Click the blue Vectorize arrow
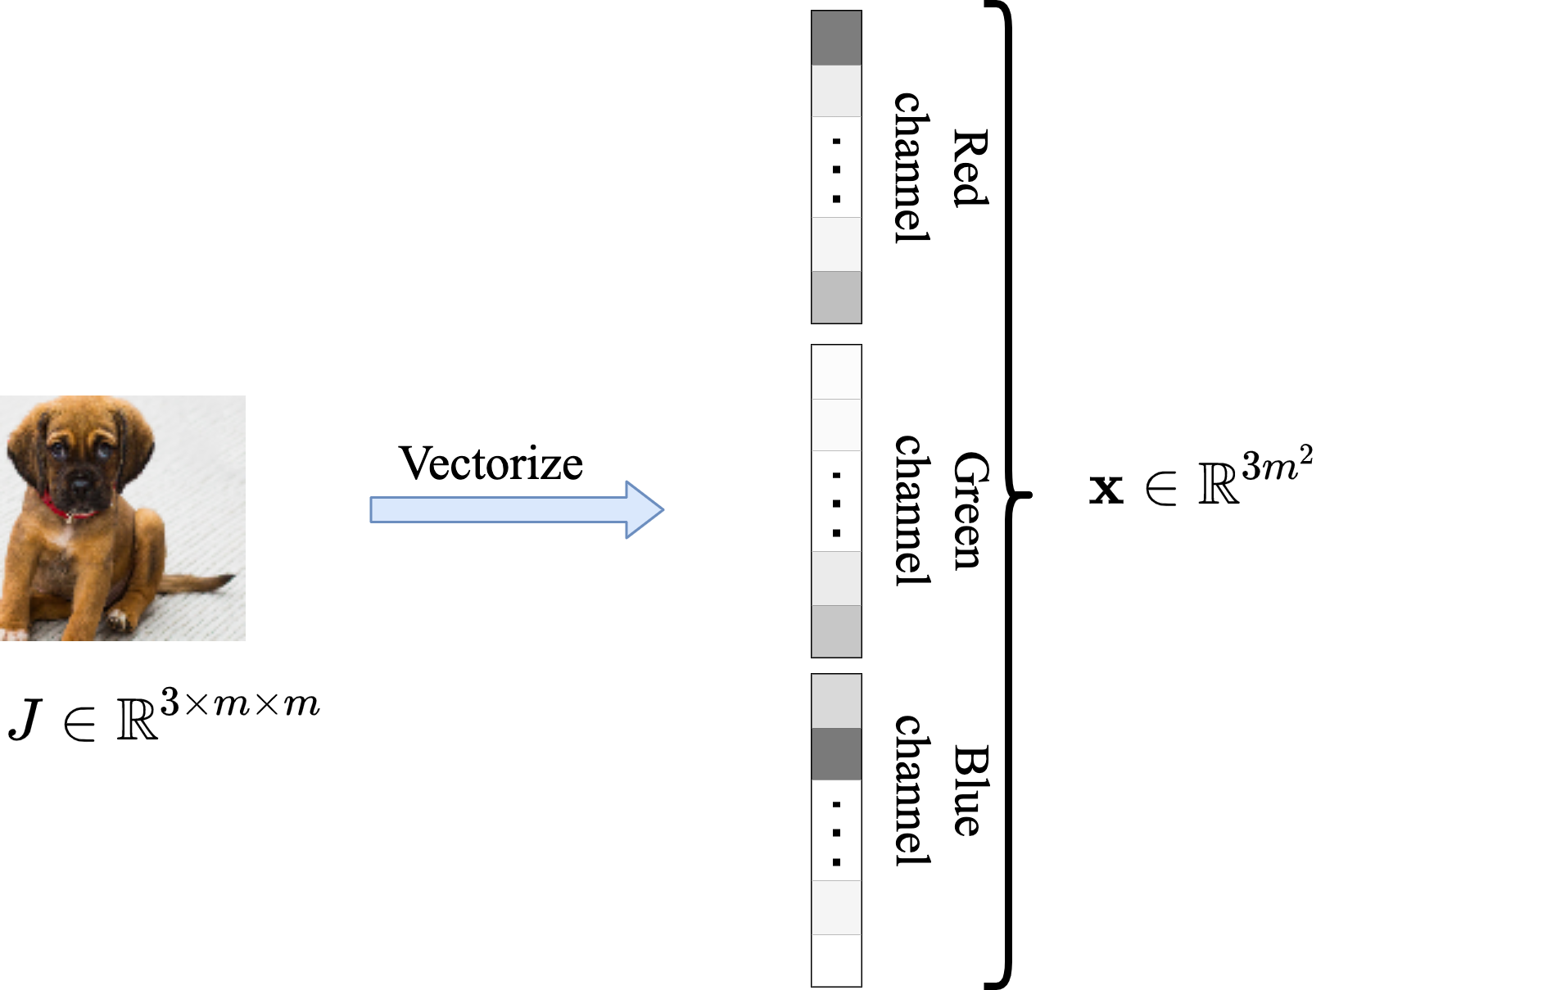click(x=517, y=509)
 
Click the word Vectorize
click(x=491, y=463)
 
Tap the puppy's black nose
click(x=80, y=485)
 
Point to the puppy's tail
click(x=197, y=583)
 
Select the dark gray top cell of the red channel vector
click(x=836, y=38)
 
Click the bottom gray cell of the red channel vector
click(x=836, y=297)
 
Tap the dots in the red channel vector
click(x=836, y=170)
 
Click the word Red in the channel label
click(x=970, y=167)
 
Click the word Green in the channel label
click(x=970, y=510)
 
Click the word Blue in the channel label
click(x=970, y=790)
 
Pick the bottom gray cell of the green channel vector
click(x=836, y=631)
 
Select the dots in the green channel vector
click(x=836, y=504)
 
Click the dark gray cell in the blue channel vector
click(x=836, y=754)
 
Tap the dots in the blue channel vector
click(x=836, y=833)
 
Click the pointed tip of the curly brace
click(x=1031, y=495)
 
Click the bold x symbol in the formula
click(x=1106, y=489)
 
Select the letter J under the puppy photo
click(x=25, y=720)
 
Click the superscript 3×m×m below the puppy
click(x=240, y=703)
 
